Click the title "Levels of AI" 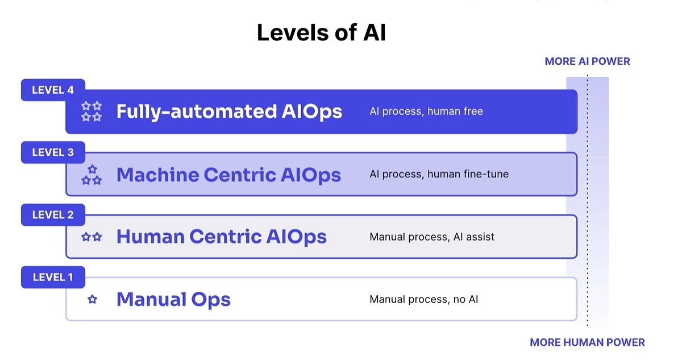tap(321, 33)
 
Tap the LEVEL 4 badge tap(53, 90)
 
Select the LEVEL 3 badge tap(53, 152)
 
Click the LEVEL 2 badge tap(53, 215)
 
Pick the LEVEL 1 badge tap(53, 277)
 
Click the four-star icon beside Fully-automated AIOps tap(92, 111)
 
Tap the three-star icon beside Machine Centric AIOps tap(92, 175)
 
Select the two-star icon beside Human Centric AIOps tap(92, 237)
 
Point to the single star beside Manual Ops tap(92, 299)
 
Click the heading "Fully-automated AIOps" tap(229, 111)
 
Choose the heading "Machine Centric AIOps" tap(228, 175)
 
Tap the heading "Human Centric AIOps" tap(221, 237)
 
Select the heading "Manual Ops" tap(173, 299)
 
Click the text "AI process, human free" tap(426, 111)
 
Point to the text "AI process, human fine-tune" tap(439, 174)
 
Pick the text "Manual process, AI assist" tap(432, 237)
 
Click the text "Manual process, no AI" tap(423, 299)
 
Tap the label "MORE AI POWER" tap(587, 61)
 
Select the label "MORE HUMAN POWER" tap(587, 342)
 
